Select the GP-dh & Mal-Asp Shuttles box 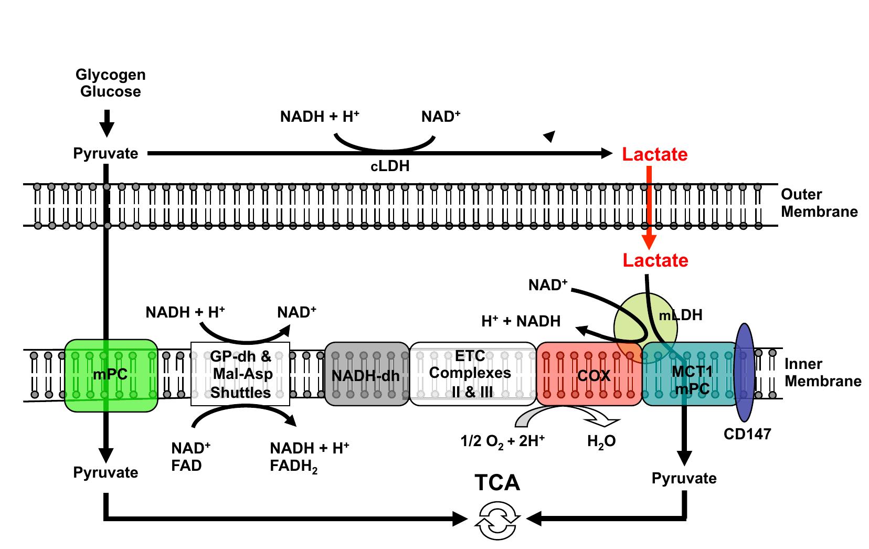[240, 374]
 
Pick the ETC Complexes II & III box [472, 374]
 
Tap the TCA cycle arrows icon [497, 520]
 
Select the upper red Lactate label [654, 154]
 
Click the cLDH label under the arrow [390, 166]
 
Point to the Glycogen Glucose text [111, 83]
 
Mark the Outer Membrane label [819, 203]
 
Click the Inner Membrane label [822, 373]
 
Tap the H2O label [601, 442]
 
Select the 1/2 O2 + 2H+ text [502, 441]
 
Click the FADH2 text [293, 466]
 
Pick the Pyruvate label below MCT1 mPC [684, 478]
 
